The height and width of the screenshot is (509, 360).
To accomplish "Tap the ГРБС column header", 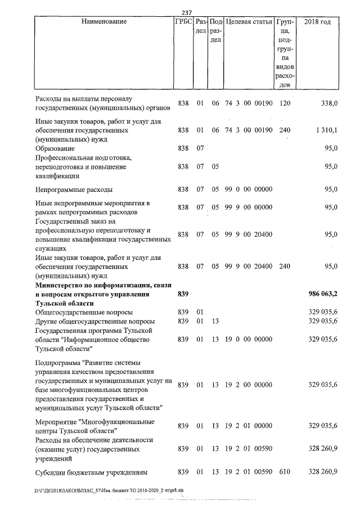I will pyautogui.click(x=183, y=22).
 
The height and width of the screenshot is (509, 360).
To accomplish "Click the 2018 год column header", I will pyautogui.click(x=317, y=22).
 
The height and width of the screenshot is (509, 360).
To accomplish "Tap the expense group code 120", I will pyautogui.click(x=285, y=103).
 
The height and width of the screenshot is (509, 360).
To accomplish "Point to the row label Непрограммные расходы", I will pyautogui.click(x=73, y=190).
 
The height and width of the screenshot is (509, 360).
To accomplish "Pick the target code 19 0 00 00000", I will pyautogui.click(x=249, y=340).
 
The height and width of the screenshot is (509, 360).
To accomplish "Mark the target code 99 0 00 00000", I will pyautogui.click(x=249, y=190).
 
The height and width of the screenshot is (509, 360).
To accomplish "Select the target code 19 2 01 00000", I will pyautogui.click(x=249, y=426).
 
